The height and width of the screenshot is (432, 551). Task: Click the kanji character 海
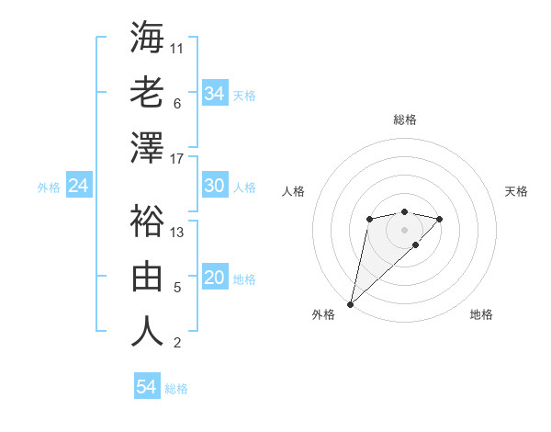[147, 38]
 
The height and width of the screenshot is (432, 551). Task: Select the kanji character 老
[147, 92]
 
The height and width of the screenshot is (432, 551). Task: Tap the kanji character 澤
[147, 147]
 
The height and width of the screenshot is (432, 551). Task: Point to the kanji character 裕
[147, 221]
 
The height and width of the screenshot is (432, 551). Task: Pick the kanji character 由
[147, 276]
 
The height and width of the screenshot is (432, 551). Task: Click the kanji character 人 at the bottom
[147, 331]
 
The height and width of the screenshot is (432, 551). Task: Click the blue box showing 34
[215, 94]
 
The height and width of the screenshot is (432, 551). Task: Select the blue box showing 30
[215, 186]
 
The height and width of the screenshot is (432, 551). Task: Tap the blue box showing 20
[215, 279]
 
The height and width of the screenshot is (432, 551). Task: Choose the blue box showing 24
[79, 186]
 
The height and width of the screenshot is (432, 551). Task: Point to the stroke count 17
[177, 159]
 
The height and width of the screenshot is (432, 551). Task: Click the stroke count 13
[177, 233]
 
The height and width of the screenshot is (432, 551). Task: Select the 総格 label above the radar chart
[404, 119]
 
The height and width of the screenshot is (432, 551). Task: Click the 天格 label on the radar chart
[516, 191]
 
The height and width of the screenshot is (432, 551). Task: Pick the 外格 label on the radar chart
[323, 314]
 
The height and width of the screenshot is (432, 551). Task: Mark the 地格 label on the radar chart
[481, 314]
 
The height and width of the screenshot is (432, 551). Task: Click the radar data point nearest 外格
[350, 303]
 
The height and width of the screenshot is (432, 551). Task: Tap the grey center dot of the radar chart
[404, 229]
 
